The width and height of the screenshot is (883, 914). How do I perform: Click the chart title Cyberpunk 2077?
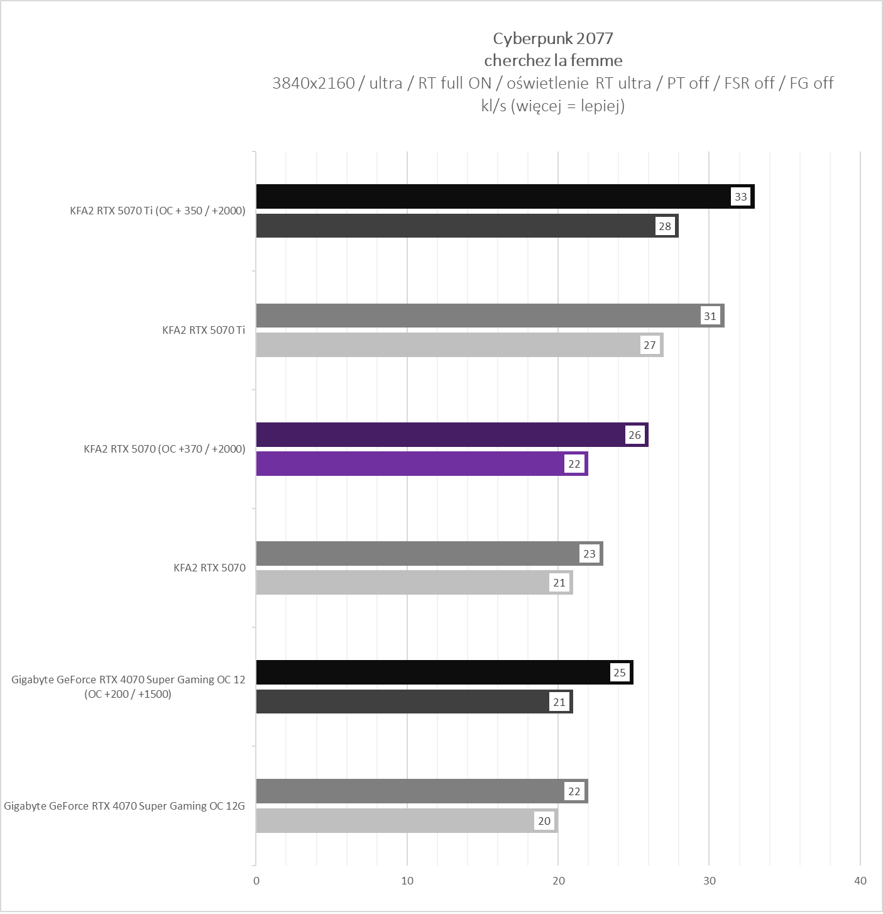[552, 38]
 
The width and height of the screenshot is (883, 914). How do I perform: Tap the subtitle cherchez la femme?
[553, 60]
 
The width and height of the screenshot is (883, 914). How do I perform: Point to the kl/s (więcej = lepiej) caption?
[552, 106]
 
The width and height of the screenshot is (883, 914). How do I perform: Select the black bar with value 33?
[490, 197]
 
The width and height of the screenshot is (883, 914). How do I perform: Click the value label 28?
[665, 226]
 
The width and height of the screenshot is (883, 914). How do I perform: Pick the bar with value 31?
[478, 316]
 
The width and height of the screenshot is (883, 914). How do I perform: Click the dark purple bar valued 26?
[440, 434]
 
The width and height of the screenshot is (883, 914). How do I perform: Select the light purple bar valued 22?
[409, 464]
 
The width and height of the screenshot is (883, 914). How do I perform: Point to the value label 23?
[590, 554]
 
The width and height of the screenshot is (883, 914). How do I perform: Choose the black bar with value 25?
[434, 672]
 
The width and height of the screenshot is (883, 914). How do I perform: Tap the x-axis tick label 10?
[407, 881]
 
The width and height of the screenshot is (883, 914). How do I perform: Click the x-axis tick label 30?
[710, 881]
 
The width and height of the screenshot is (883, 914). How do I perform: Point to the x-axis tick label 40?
[860, 881]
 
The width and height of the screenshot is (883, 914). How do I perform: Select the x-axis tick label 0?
[256, 881]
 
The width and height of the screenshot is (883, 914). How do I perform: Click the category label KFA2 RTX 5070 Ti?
[204, 330]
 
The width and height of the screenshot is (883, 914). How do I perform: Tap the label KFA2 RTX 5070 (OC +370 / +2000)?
[165, 449]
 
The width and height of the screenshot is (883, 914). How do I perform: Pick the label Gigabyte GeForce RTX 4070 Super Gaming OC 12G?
[124, 806]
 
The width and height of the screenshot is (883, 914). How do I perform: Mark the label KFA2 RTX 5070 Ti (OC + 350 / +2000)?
[158, 211]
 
